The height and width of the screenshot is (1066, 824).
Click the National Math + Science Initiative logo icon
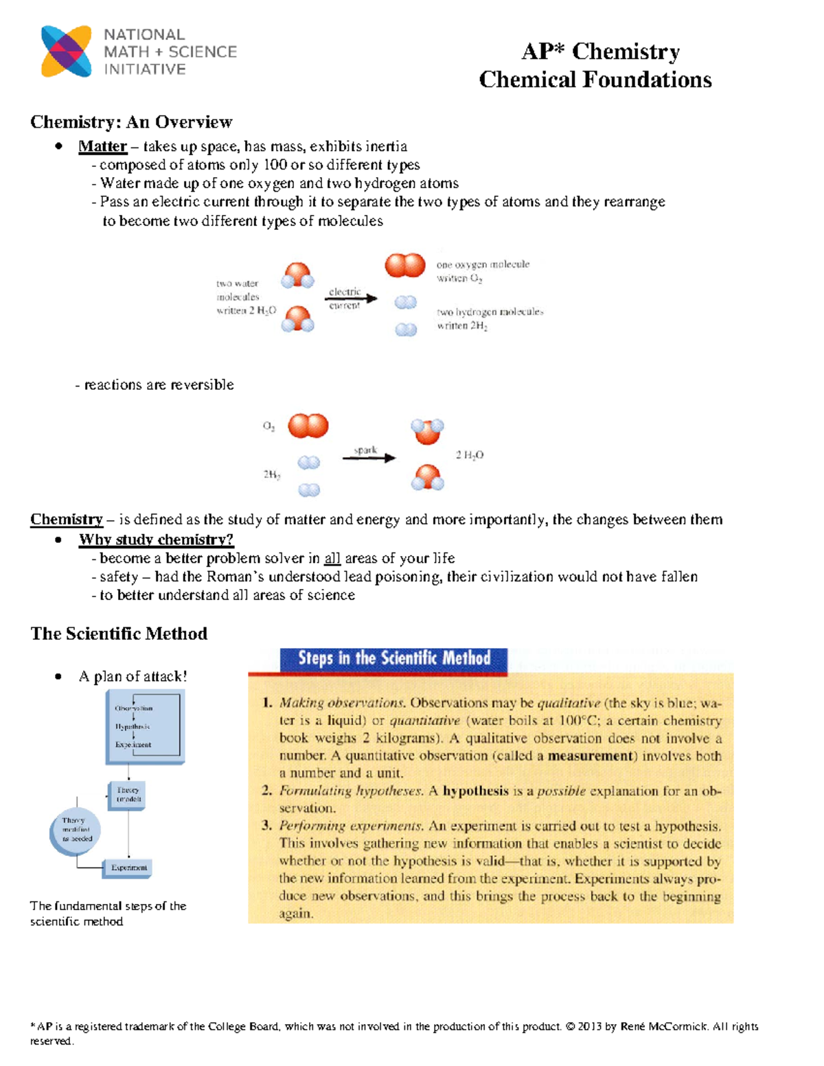click(66, 51)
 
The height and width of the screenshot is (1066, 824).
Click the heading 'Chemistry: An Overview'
click(131, 122)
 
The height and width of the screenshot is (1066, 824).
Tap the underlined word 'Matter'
click(102, 146)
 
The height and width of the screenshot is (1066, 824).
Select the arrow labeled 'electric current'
click(352, 299)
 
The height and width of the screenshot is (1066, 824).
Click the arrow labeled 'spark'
click(369, 458)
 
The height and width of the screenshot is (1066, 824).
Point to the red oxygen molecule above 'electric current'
click(405, 265)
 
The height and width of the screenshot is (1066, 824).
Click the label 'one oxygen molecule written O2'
click(483, 271)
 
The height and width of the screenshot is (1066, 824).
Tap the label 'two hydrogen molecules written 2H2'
click(490, 318)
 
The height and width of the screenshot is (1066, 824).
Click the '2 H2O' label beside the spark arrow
click(470, 455)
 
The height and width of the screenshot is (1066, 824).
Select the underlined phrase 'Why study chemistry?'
click(156, 540)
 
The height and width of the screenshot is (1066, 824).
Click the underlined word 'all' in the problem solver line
click(332, 559)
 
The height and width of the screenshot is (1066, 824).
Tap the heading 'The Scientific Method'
click(119, 634)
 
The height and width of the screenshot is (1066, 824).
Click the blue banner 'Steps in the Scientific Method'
click(394, 659)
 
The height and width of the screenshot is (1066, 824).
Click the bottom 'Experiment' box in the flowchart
click(128, 868)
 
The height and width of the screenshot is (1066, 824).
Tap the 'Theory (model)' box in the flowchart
click(128, 795)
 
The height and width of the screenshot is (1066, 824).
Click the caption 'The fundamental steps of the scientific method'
click(108, 914)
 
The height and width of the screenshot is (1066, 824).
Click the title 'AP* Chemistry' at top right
click(600, 51)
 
